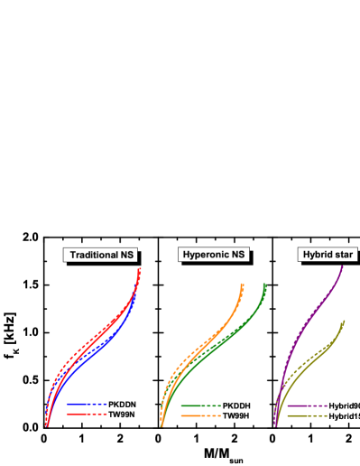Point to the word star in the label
[337, 256]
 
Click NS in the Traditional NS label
[127, 256]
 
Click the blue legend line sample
[87, 405]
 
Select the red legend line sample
[87, 414]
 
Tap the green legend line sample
[200, 406]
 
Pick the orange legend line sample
[200, 415]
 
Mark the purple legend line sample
[307, 406]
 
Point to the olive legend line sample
[307, 415]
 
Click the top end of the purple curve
[341, 267]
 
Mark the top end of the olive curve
[345, 322]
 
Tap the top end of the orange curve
[242, 284]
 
